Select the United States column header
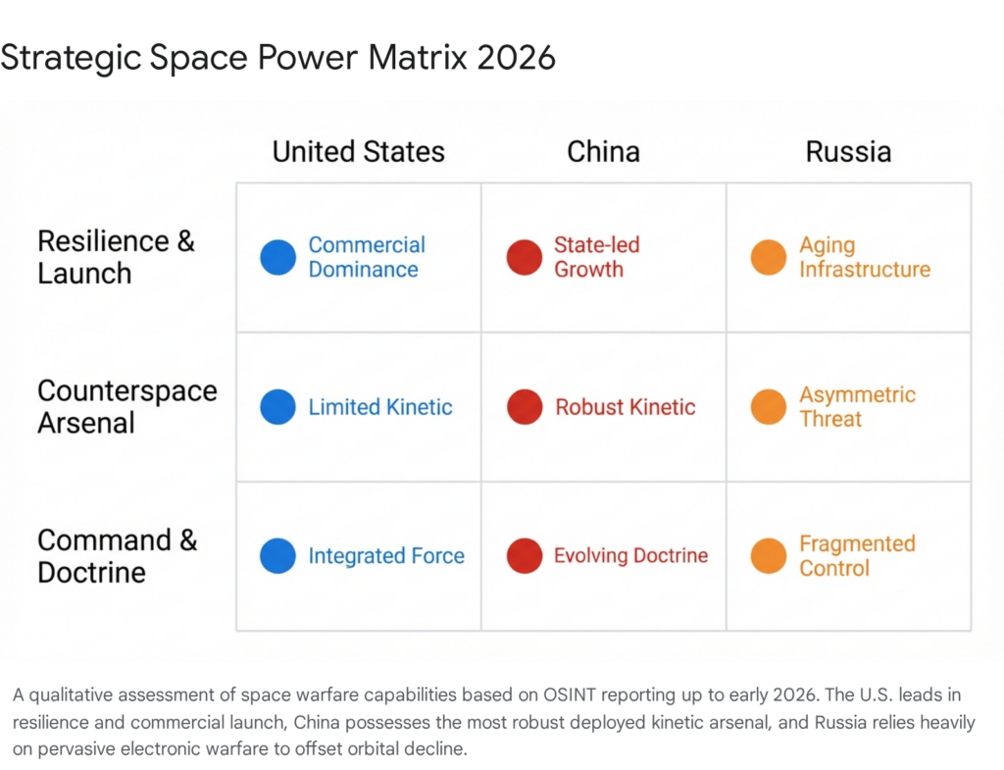click(358, 152)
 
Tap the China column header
click(603, 152)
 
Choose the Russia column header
click(848, 152)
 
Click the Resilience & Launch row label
click(116, 257)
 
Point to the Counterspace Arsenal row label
click(126, 406)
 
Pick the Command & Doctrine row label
click(117, 556)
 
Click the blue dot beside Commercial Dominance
click(277, 257)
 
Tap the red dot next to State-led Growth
click(524, 257)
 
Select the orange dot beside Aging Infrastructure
click(769, 257)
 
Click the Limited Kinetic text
click(380, 407)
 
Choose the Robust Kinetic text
click(626, 407)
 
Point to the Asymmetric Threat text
click(857, 406)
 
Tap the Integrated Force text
click(386, 556)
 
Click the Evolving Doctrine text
click(630, 556)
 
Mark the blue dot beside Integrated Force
click(277, 556)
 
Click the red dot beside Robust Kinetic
click(524, 407)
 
